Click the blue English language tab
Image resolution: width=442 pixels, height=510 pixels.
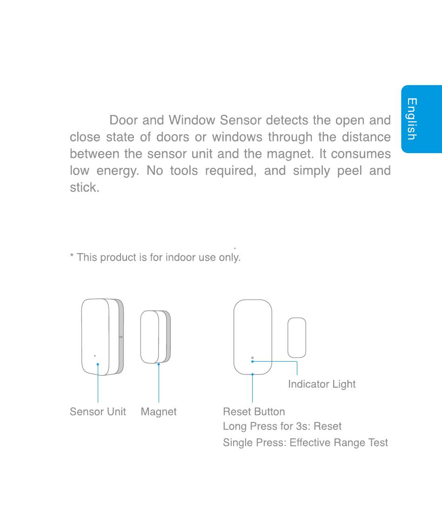tap(421, 119)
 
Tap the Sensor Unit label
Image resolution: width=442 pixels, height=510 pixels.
tap(98, 412)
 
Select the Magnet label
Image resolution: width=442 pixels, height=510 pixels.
tap(159, 412)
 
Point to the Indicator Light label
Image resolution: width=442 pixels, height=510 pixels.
tap(321, 384)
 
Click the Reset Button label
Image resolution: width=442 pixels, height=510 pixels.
tap(254, 412)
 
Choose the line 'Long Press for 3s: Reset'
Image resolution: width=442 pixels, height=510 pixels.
tap(282, 427)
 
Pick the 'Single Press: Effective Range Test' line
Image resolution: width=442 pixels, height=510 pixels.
tap(305, 443)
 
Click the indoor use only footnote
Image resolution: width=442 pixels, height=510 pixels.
tap(155, 257)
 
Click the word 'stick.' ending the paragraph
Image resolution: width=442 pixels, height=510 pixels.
tap(84, 188)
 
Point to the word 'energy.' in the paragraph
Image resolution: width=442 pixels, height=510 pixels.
tap(118, 171)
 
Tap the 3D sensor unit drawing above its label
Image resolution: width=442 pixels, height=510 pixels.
tap(102, 336)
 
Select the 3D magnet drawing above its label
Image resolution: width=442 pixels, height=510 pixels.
tap(155, 337)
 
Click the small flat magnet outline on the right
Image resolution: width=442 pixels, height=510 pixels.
tap(297, 337)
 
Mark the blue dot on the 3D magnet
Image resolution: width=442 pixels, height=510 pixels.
tap(159, 364)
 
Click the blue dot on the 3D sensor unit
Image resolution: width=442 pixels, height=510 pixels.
tap(98, 364)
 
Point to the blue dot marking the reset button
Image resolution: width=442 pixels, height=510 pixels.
tap(252, 374)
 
